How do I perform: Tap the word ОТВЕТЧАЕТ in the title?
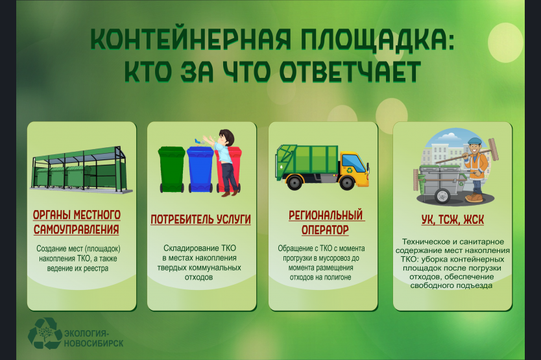point(350,71)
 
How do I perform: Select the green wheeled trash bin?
point(171,169)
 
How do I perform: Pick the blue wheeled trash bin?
point(200,169)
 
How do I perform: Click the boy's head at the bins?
point(226,137)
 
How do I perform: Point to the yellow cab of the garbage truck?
point(354,165)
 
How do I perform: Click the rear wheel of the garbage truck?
point(295,182)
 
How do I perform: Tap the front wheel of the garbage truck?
point(347,182)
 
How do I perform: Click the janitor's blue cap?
point(475,141)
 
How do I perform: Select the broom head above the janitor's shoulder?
point(494,149)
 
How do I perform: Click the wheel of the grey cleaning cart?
point(442,196)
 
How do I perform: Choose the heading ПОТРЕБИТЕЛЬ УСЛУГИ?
point(200,219)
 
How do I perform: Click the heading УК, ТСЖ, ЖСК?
point(452,219)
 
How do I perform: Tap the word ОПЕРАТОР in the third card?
point(325,230)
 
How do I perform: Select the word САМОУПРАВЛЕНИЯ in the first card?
point(77,229)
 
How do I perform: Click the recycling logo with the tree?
point(43,333)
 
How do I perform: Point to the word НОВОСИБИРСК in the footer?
point(93,343)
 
